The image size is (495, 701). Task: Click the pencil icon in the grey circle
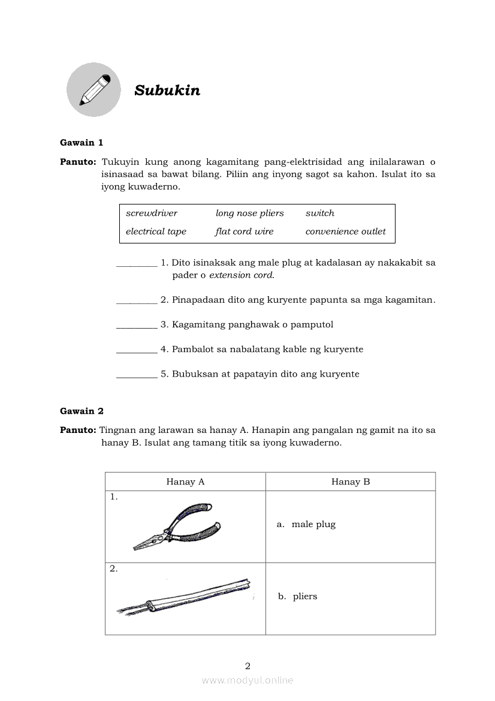94,90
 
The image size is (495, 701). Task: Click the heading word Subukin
167,91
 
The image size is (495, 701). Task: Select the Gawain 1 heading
82,143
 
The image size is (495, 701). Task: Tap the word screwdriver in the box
152,213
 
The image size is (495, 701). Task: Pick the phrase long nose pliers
250,213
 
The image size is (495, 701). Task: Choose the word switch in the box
320,213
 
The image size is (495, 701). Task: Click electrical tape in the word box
156,231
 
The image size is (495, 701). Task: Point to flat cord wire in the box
245,231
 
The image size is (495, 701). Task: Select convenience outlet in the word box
346,231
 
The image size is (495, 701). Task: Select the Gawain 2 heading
82,411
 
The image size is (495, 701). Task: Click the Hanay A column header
185,482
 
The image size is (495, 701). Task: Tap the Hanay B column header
351,482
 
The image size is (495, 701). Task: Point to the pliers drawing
176,527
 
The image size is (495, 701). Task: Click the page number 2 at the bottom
248,666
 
